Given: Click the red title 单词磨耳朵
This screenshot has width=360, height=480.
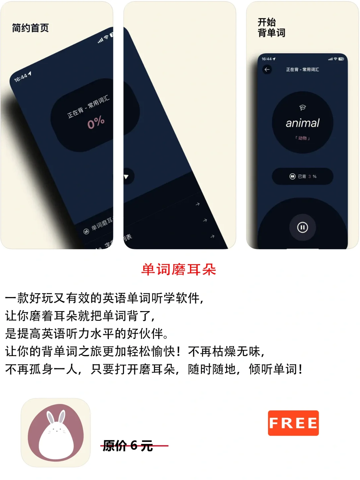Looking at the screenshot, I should pyautogui.click(x=179, y=269).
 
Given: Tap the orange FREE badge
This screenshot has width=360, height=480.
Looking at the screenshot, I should pyautogui.click(x=293, y=423).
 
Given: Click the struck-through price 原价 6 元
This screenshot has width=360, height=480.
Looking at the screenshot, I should pyautogui.click(x=128, y=445).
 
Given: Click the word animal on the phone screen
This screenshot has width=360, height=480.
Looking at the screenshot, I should pyautogui.click(x=303, y=123).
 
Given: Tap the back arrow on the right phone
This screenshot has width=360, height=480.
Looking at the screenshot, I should pyautogui.click(x=267, y=70).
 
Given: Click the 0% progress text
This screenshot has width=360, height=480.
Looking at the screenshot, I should pyautogui.click(x=96, y=123).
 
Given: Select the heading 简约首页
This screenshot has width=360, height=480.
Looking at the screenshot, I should pyautogui.click(x=30, y=28).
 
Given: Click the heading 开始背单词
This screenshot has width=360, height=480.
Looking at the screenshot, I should pyautogui.click(x=271, y=28).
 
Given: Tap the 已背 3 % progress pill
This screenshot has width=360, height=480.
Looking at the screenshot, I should pyautogui.click(x=303, y=176).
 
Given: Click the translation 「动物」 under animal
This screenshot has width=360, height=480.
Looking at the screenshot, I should pyautogui.click(x=303, y=138).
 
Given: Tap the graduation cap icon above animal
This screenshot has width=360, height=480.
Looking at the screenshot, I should pyautogui.click(x=303, y=108).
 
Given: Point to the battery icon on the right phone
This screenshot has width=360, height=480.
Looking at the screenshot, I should pyautogui.click(x=341, y=59).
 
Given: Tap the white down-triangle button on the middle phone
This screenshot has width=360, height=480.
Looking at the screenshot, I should pyautogui.click(x=126, y=177).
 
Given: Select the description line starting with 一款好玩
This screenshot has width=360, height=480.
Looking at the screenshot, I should pyautogui.click(x=104, y=298).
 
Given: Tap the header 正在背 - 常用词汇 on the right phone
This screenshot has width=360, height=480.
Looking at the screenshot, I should pyautogui.click(x=303, y=70).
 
